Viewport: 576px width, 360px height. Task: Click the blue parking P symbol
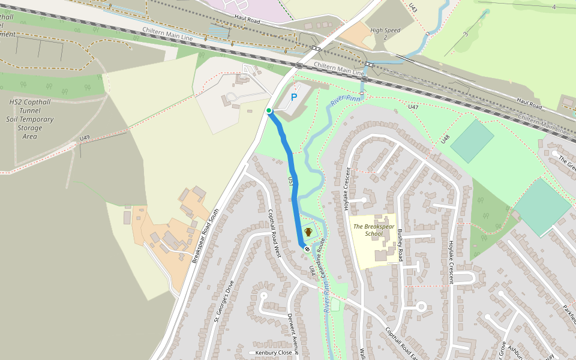pos(294,97)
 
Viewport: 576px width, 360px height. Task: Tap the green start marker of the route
pos(269,110)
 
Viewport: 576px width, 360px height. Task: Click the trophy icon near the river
pos(308,232)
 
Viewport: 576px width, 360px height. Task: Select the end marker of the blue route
pos(307,248)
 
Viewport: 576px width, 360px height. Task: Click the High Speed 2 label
pos(385,34)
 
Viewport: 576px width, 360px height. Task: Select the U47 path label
pos(413,107)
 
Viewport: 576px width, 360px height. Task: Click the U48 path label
pos(445,139)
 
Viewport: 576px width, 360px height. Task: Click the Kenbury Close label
pos(273,353)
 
